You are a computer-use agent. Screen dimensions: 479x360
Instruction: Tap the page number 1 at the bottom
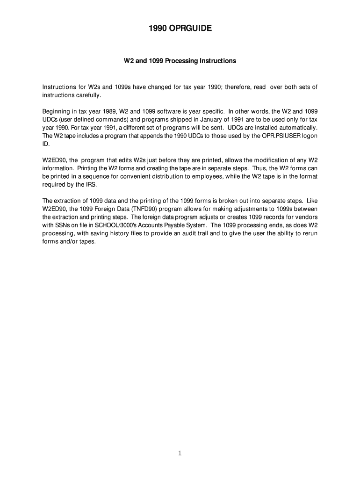click(x=180, y=453)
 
